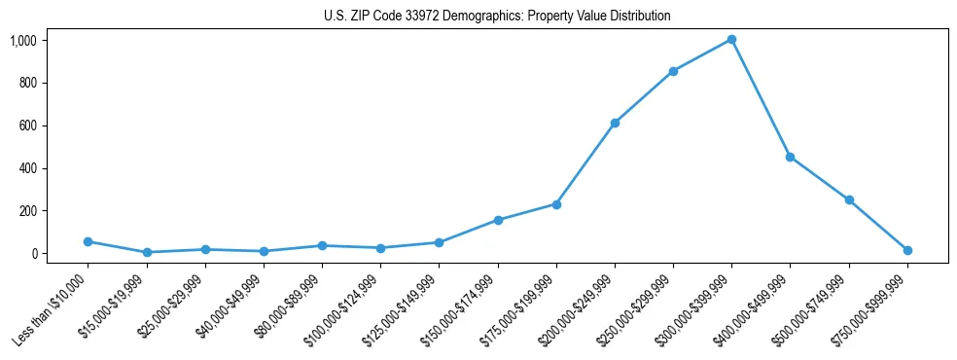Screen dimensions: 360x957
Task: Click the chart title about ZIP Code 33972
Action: pos(497,17)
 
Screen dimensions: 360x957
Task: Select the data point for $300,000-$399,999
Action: pos(731,40)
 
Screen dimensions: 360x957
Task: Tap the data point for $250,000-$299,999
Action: pos(673,71)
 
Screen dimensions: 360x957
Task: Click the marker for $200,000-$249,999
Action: pos(615,123)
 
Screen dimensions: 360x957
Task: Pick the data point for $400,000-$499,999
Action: pos(790,157)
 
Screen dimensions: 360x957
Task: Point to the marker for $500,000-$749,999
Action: pos(849,199)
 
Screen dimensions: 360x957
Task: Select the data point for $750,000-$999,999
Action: pos(907,250)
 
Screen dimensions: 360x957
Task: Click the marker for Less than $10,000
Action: pos(88,241)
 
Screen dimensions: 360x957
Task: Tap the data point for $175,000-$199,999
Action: pos(556,204)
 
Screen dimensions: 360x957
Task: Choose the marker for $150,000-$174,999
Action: pos(498,220)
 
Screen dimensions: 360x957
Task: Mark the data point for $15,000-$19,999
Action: pos(147,252)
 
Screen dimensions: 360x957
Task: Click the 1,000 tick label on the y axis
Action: pos(23,40)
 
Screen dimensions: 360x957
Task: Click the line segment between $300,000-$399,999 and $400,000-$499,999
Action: pos(761,98)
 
